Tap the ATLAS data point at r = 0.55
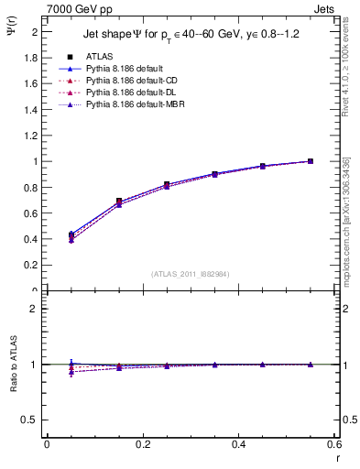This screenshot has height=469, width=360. tap(311, 161)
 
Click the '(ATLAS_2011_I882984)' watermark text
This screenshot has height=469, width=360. tap(190, 273)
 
